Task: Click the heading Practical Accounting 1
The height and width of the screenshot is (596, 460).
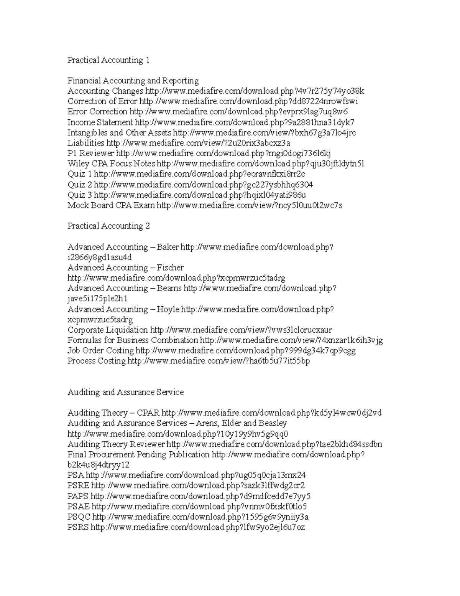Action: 108,60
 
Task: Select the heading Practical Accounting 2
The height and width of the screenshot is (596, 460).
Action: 108,226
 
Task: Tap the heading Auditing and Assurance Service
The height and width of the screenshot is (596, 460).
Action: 125,392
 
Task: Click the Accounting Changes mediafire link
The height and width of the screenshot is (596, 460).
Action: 255,91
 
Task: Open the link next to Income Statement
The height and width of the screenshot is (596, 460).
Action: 245,122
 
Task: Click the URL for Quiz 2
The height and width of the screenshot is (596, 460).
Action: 203,185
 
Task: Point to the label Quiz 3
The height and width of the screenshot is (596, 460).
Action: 80,195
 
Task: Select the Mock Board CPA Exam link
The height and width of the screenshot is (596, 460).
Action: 250,205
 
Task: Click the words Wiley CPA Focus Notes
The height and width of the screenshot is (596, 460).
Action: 111,164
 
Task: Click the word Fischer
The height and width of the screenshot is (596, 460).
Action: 170,267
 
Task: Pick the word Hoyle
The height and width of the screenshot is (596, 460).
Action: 168,309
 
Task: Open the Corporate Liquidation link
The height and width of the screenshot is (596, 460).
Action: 241,330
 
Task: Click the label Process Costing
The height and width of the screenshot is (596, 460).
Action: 96,361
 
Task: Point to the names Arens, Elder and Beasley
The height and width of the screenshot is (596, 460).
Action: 241,423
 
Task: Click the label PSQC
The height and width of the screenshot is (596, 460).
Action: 79,517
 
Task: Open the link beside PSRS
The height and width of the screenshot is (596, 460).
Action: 198,527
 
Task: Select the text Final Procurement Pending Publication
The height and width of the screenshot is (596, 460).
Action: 138,455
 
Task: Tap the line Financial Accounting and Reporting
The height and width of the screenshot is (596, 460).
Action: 133,81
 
